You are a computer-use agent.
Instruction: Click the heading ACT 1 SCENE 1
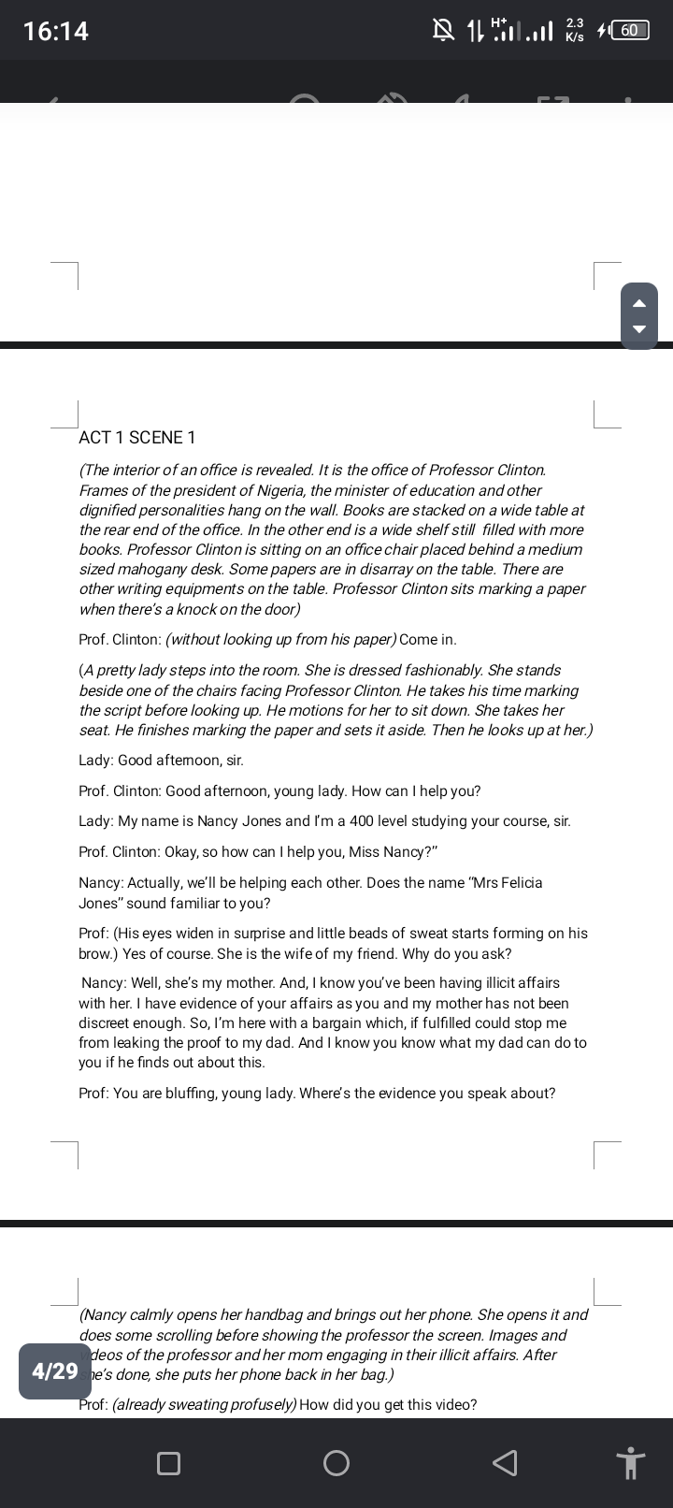[137, 438]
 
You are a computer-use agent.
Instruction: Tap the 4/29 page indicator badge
[55, 1371]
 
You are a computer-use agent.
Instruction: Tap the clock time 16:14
[55, 31]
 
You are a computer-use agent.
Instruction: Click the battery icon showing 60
[629, 30]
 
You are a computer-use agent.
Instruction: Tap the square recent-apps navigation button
[168, 1463]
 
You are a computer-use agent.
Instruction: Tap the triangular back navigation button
[504, 1463]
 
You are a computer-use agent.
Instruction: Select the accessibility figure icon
[631, 1463]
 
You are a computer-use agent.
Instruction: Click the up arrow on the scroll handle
[639, 302]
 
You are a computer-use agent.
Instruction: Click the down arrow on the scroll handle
[639, 329]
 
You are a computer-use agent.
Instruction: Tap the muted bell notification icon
[443, 31]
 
